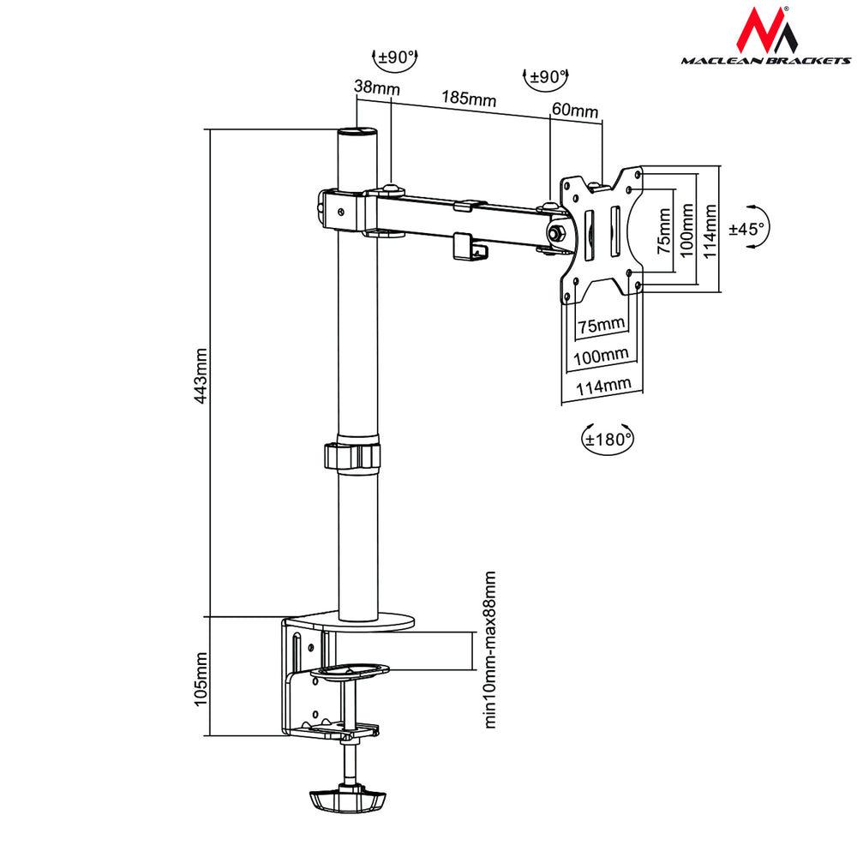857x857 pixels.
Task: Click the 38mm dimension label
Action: coord(371,87)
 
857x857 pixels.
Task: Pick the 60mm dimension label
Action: coord(574,111)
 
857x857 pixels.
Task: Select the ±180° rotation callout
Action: coord(608,439)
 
